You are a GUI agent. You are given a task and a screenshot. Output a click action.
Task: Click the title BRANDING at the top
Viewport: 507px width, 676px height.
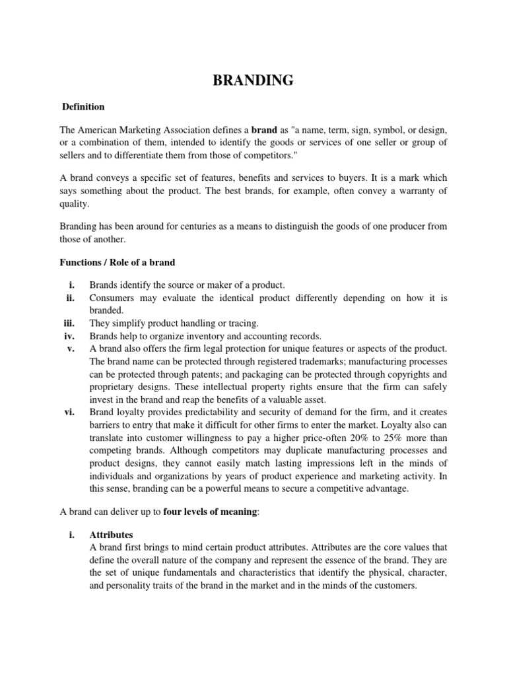(x=253, y=81)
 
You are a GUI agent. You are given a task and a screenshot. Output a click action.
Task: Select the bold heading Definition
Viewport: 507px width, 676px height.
(x=83, y=106)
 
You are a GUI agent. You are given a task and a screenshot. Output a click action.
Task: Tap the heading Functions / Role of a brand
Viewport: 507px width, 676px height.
(x=118, y=262)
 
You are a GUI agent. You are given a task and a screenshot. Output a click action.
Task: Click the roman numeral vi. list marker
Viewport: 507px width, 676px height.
(x=69, y=411)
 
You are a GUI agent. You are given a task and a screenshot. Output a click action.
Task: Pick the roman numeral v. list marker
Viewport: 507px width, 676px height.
(x=72, y=349)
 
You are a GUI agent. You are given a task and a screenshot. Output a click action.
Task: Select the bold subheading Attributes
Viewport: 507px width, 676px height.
(x=112, y=535)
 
